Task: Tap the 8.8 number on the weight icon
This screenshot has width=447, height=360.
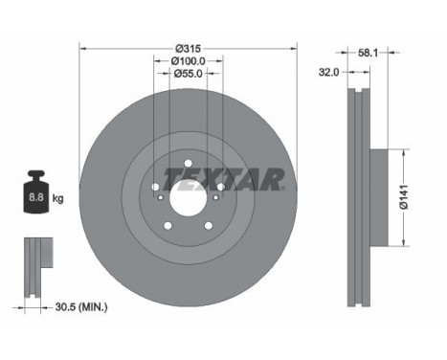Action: click(x=36, y=198)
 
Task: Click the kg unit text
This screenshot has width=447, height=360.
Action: click(x=58, y=198)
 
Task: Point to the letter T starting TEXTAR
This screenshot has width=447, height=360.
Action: click(x=169, y=178)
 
